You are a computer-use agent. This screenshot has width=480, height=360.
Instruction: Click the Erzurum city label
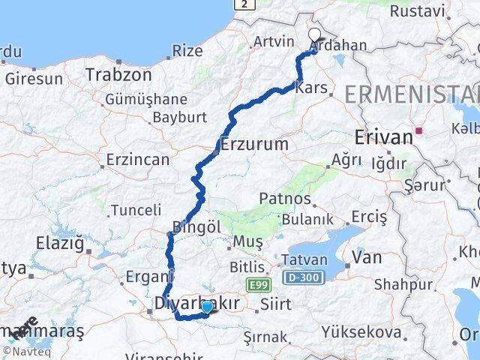tap(254, 142)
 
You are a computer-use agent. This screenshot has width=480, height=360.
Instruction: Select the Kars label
tap(313, 88)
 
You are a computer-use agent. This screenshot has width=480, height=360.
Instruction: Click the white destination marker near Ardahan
tap(314, 34)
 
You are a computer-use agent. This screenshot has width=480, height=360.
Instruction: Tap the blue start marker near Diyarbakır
tap(207, 306)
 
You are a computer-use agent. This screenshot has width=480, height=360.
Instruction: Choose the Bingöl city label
tap(196, 226)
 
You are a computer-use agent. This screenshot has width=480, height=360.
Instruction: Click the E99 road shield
tap(257, 283)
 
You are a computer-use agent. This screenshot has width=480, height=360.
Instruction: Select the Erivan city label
tap(382, 136)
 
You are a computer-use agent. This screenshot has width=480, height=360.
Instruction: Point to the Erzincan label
tap(138, 159)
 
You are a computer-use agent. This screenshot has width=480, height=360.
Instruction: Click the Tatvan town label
tap(304, 259)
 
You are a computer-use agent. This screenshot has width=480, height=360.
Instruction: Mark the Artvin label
tap(274, 41)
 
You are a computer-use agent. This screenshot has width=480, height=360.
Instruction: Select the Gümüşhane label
tap(145, 99)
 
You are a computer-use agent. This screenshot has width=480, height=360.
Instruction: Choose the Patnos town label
tap(285, 199)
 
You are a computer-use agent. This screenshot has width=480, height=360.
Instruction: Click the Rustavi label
tap(412, 11)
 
